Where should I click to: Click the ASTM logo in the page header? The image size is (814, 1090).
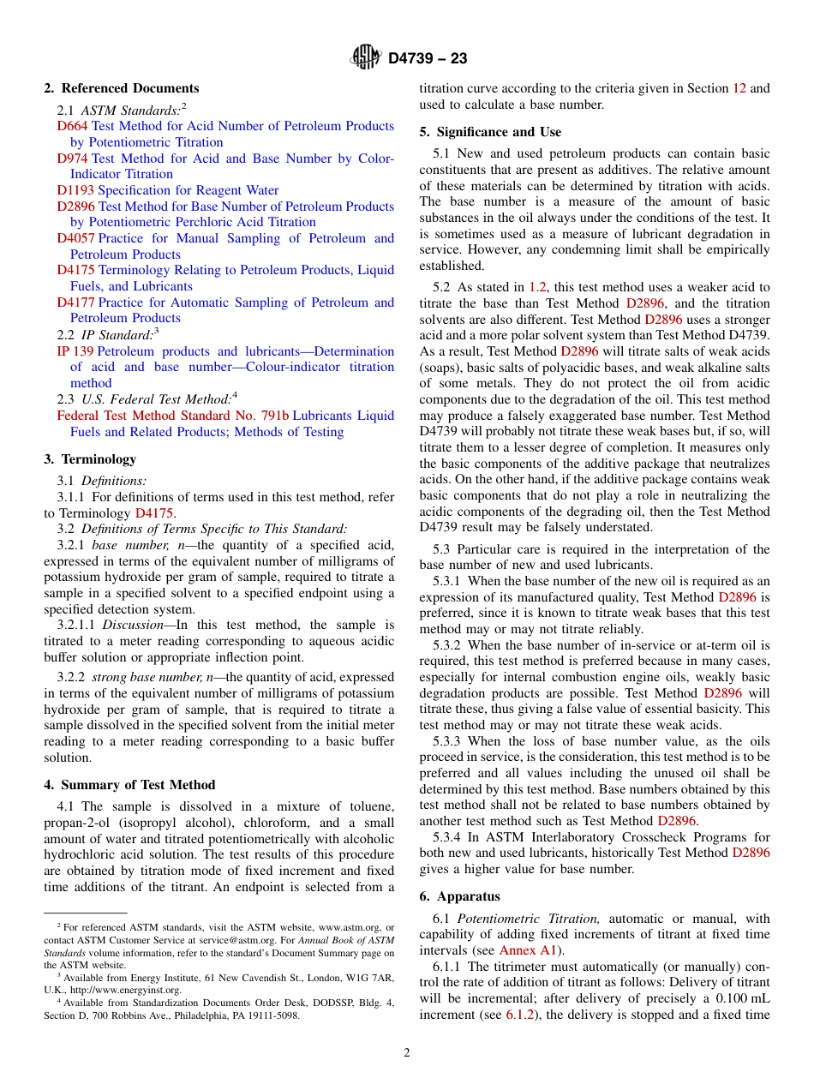click(366, 58)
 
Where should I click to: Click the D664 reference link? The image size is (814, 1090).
click(72, 126)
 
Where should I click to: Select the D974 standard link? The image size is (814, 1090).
click(72, 159)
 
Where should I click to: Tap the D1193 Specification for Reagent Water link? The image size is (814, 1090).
click(75, 190)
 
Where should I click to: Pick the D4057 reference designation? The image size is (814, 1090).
click(75, 238)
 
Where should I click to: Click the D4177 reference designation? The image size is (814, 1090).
click(75, 302)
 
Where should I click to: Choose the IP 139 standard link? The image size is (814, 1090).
click(75, 351)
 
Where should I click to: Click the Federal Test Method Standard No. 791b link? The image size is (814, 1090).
click(172, 416)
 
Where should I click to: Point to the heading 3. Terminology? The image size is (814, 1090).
click(90, 459)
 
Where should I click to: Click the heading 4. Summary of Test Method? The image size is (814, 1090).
click(129, 785)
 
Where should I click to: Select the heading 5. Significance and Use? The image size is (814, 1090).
click(490, 132)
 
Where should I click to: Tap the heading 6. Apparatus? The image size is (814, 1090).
click(459, 896)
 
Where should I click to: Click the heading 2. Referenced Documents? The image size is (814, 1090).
click(122, 88)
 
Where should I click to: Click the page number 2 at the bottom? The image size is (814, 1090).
click(407, 1053)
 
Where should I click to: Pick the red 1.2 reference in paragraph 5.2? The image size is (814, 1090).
click(537, 288)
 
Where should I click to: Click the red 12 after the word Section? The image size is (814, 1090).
click(739, 88)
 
